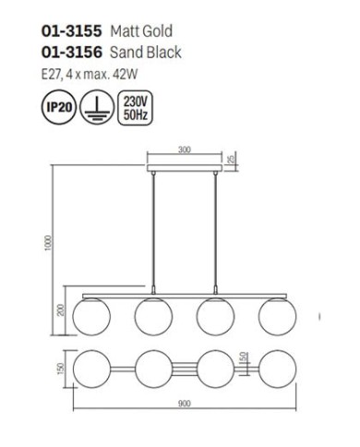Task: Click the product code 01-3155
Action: tap(71, 31)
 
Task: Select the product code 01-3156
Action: tap(71, 52)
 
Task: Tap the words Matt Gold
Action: tap(141, 31)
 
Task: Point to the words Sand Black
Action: tap(146, 52)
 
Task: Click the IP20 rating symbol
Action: tap(59, 107)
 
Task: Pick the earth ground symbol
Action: tap(97, 107)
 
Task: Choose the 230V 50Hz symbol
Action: tap(135, 107)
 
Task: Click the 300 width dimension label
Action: tap(185, 150)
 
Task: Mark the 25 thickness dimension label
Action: tap(232, 159)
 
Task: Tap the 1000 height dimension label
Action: tap(48, 243)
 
